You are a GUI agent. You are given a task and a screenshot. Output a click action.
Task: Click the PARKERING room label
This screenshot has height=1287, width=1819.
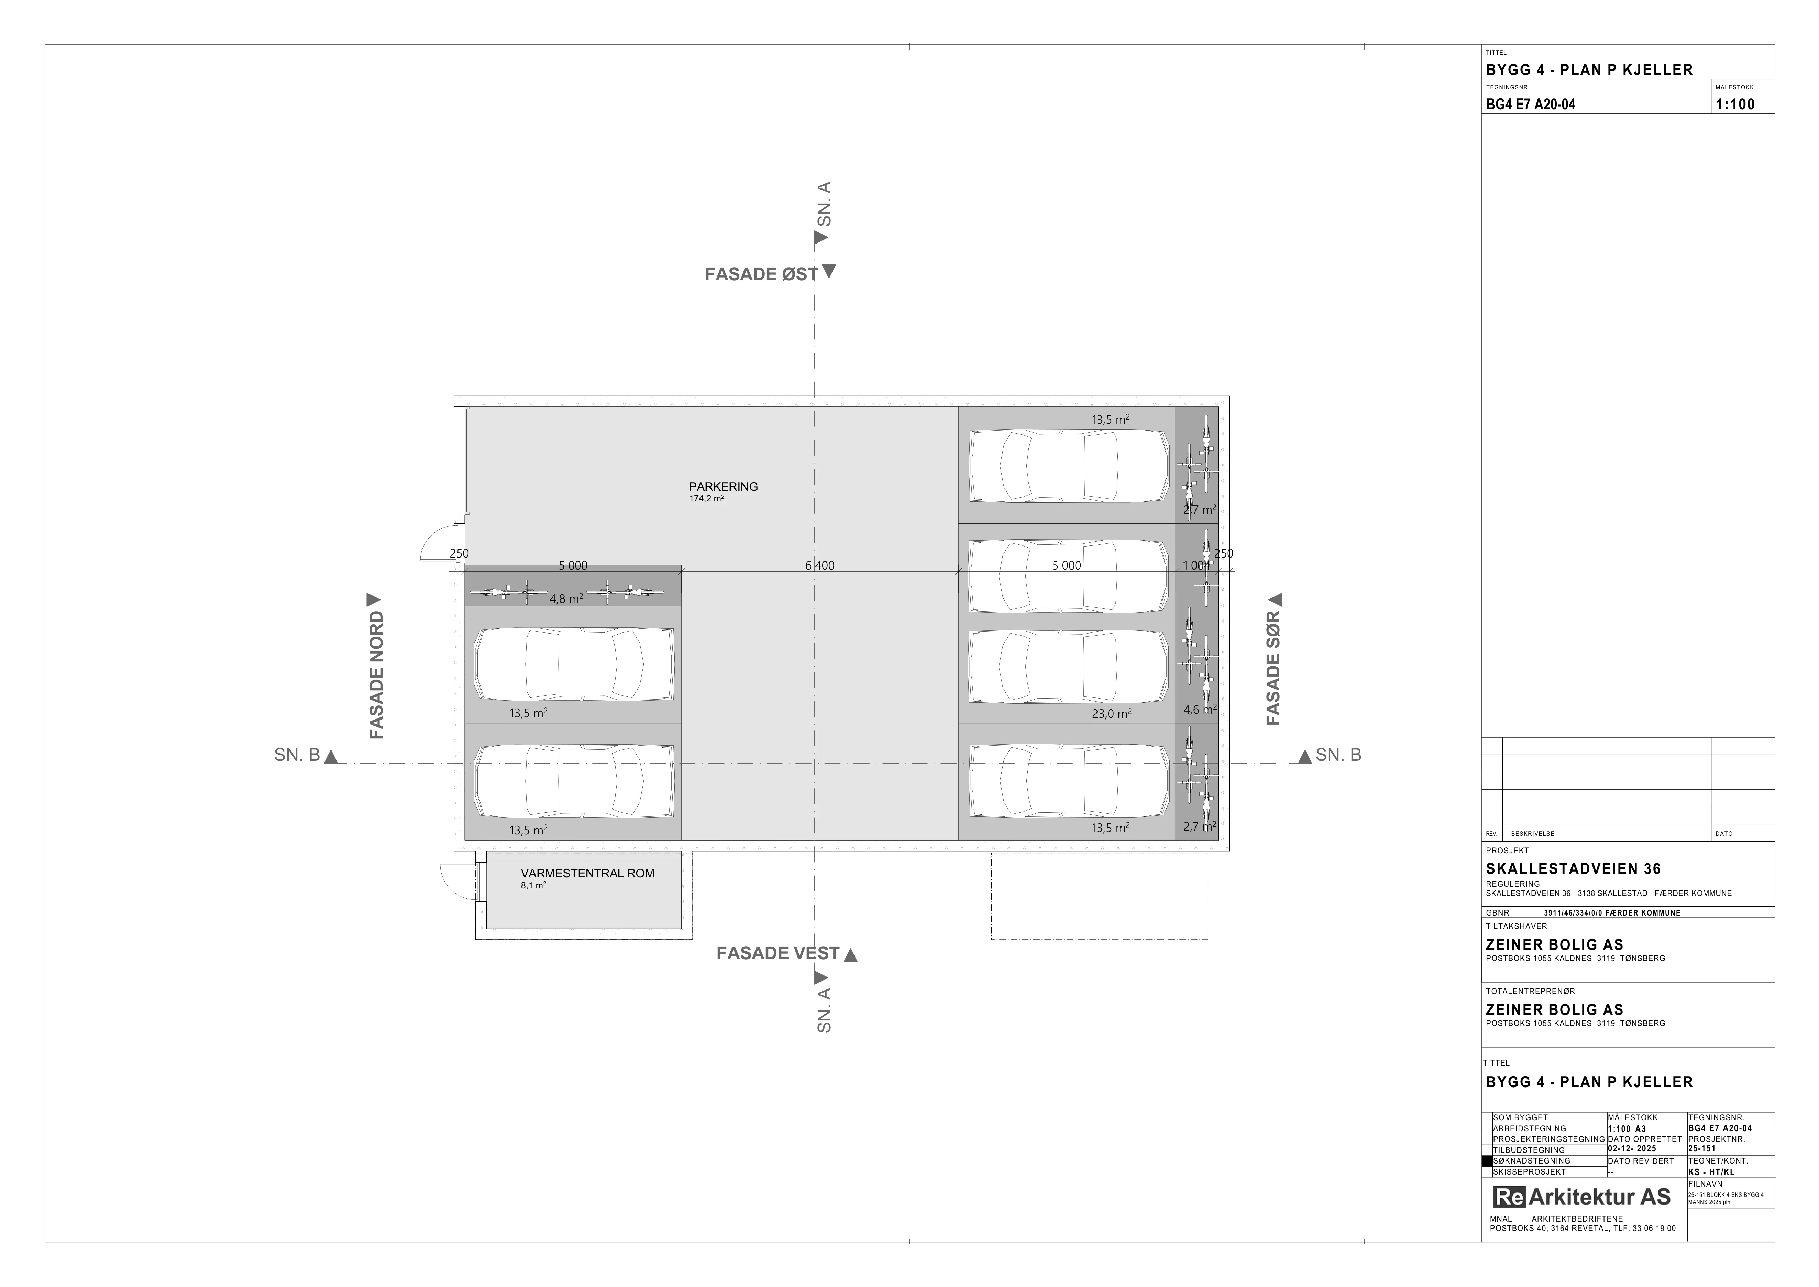(723, 487)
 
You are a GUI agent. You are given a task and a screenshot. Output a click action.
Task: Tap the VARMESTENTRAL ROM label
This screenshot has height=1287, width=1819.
(588, 873)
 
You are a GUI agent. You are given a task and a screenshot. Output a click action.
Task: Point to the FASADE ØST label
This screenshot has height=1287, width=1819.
(761, 274)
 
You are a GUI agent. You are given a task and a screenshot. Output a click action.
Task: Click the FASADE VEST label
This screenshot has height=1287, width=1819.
(778, 953)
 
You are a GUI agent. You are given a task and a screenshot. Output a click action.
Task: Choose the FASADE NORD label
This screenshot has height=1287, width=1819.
(376, 675)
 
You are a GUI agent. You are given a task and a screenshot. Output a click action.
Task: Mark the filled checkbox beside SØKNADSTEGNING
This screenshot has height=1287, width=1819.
(1487, 1161)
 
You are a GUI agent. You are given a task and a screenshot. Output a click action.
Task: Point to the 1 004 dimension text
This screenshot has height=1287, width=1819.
(1196, 566)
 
